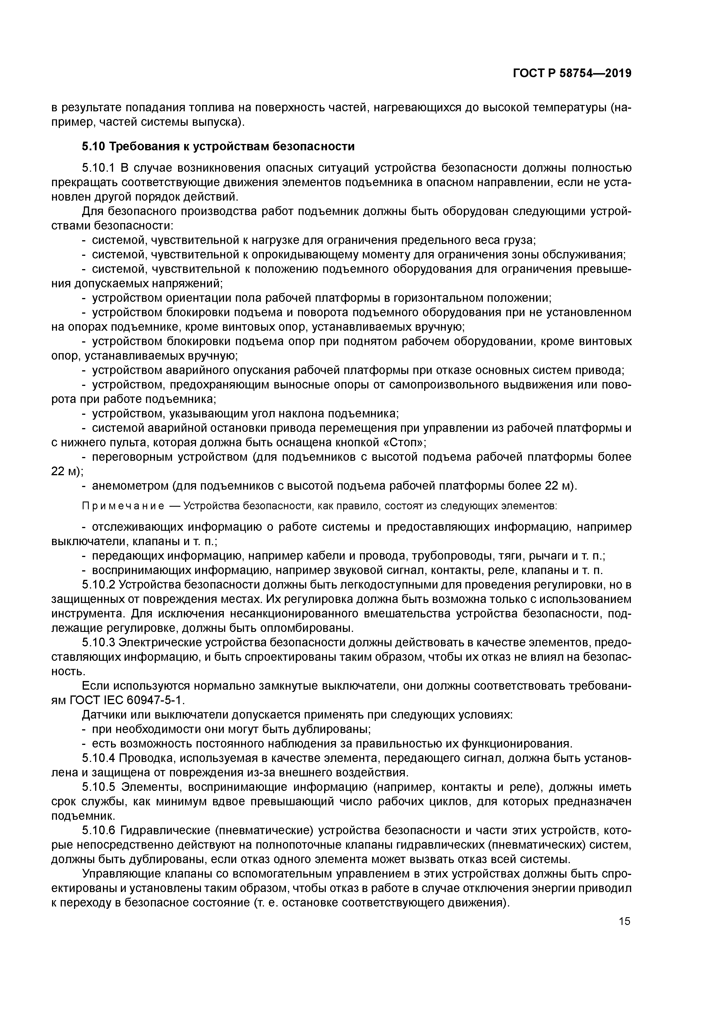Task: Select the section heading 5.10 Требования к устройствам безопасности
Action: coord(218,146)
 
